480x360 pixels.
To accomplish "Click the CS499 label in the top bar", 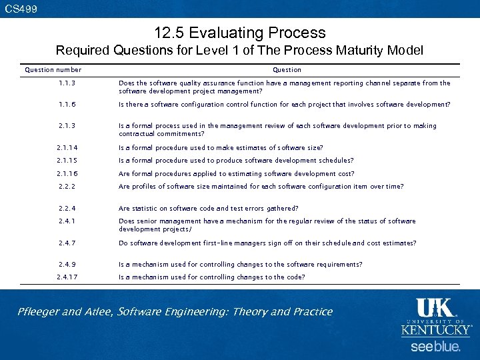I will pos(21,9).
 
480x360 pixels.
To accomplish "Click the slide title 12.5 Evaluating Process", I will pos(239,33).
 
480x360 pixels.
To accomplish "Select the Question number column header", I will pos(53,69).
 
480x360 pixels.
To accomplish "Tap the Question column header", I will pos(287,69).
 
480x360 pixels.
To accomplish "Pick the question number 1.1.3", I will pos(66,83).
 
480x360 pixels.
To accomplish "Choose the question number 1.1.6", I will pos(66,105).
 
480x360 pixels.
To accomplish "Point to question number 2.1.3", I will pos(66,125).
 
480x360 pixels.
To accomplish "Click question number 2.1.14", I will pos(67,148).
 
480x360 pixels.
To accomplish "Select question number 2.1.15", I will pos(67,161).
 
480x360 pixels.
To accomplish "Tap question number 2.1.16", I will pos(67,174).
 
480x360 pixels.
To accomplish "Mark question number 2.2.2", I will pos(66,187).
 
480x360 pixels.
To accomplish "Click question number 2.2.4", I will pos(66,208).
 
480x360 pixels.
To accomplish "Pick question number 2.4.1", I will pos(66,221).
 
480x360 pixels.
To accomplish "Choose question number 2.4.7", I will pos(66,243).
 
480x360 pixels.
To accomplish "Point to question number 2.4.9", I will pos(66,264).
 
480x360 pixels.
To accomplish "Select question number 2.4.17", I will pos(67,277).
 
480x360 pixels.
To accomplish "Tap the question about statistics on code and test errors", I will pos(209,208).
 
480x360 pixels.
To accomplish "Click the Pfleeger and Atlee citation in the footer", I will pos(175,311).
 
